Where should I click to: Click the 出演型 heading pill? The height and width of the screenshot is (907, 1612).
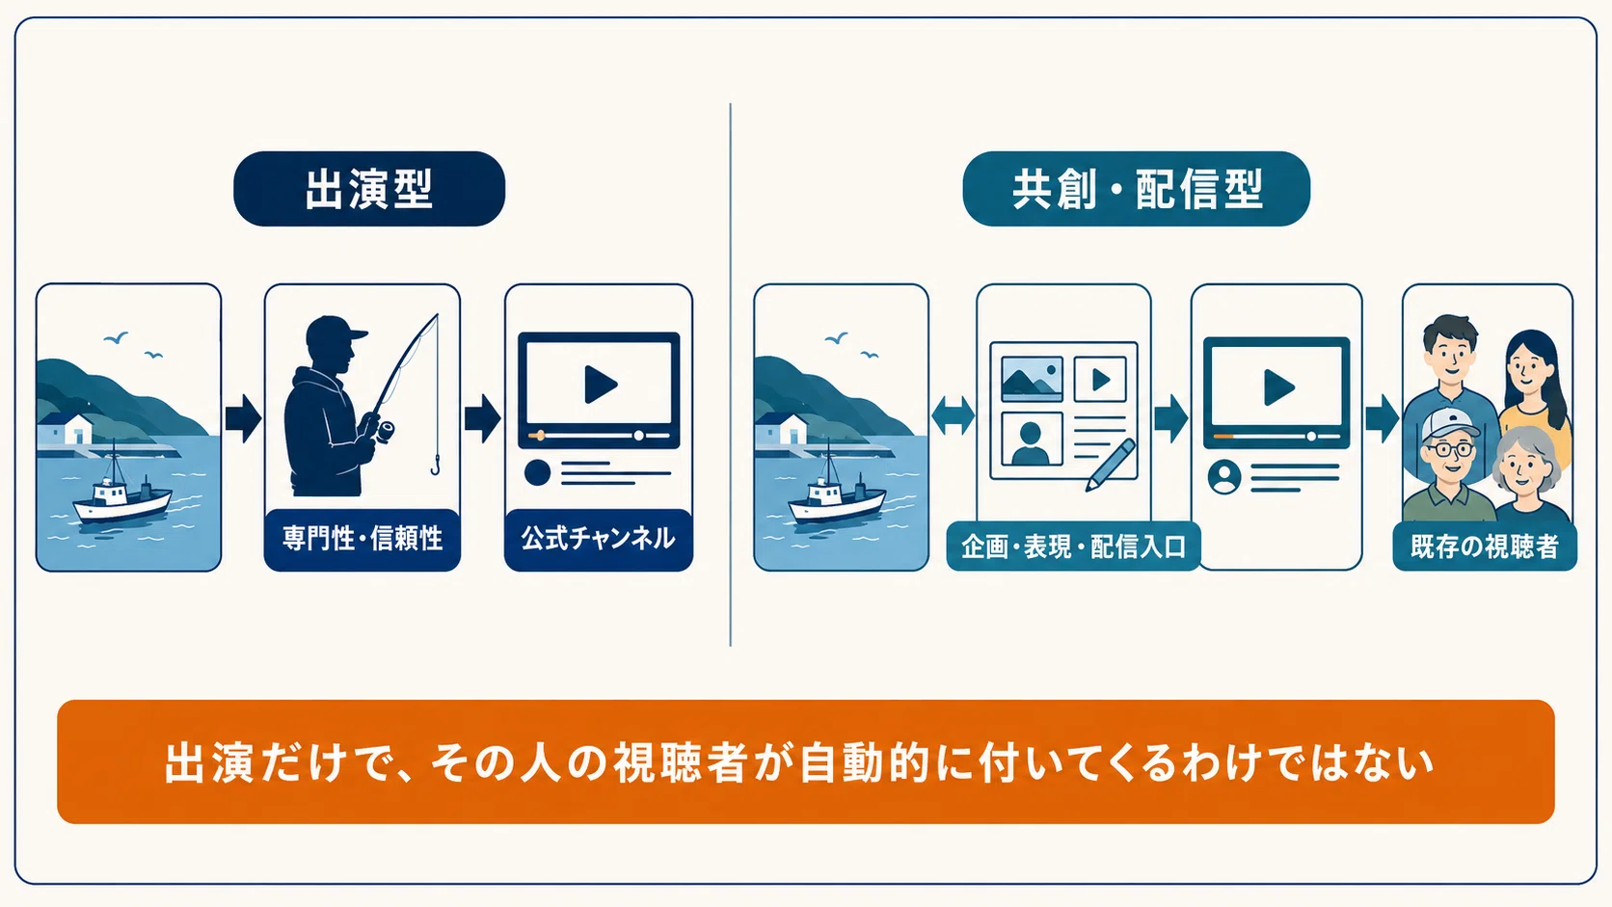coord(369,189)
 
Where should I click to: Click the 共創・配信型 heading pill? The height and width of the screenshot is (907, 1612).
coord(1137,189)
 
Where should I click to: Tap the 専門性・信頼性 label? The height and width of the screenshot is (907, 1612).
coord(362,539)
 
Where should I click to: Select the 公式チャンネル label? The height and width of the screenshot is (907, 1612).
coord(598,539)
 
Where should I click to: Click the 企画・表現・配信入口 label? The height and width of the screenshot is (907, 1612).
coord(1073,547)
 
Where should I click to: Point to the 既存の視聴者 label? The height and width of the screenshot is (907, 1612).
coord(1485,547)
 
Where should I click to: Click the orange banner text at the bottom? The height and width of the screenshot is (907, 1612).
coord(799,762)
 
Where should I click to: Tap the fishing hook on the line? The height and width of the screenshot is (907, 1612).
coord(436,467)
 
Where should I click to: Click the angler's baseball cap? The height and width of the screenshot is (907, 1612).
coord(334,332)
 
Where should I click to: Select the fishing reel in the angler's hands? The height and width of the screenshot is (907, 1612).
coord(385,432)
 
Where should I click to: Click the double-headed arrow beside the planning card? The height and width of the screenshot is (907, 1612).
coord(953,416)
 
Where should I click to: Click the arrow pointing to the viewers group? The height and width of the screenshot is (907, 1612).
coord(1382,417)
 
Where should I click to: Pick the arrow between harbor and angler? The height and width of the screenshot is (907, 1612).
coord(243,418)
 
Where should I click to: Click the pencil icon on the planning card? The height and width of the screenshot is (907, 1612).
coord(1111,466)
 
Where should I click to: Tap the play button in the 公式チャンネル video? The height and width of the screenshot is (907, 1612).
coord(601,384)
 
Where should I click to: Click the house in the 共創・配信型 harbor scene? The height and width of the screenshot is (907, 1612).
coord(782,429)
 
